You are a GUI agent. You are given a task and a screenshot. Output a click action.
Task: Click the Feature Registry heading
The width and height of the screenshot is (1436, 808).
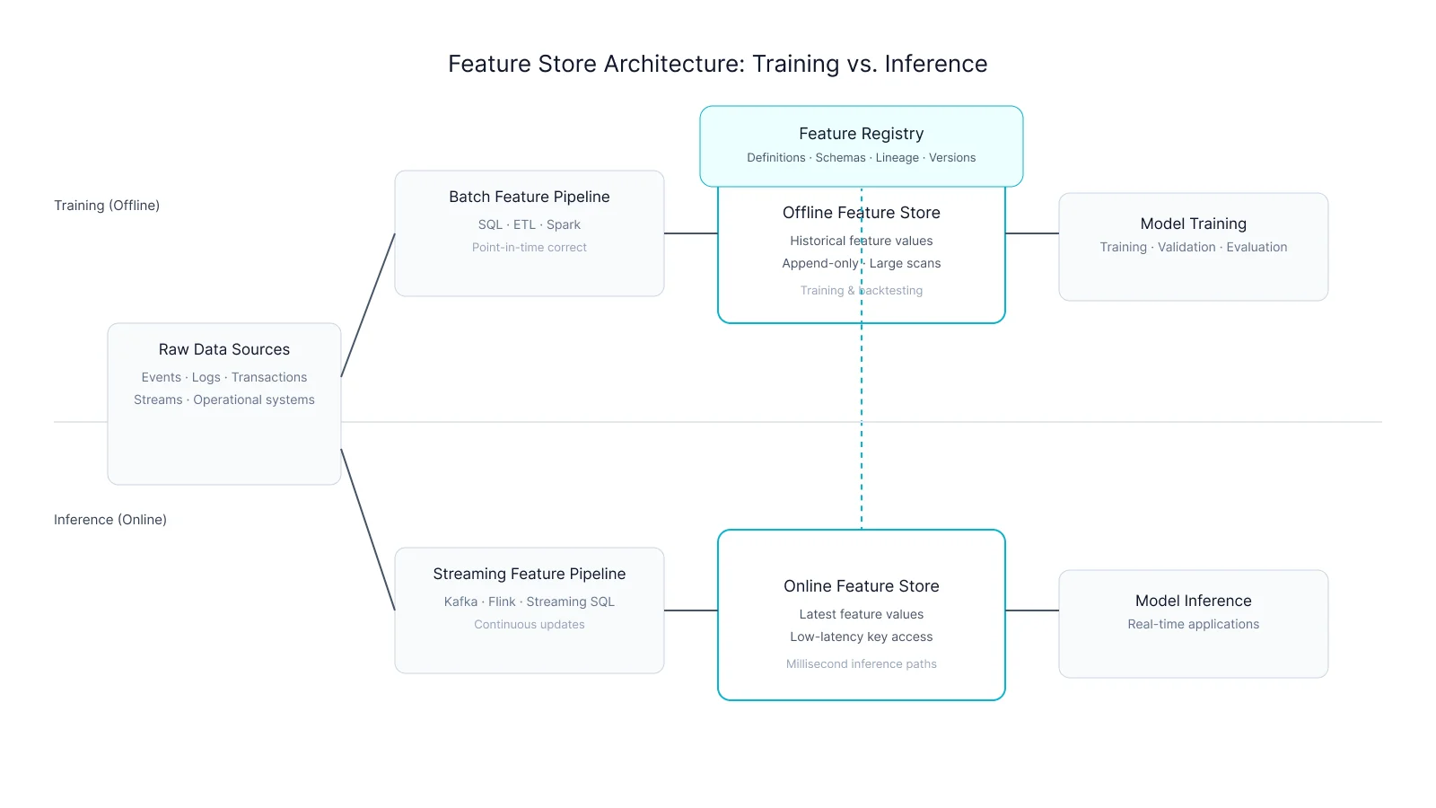coord(861,134)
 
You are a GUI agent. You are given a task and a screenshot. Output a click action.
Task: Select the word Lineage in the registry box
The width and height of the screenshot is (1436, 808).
coord(897,158)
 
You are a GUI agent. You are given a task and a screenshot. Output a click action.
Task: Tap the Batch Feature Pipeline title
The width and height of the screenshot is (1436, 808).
coord(529,197)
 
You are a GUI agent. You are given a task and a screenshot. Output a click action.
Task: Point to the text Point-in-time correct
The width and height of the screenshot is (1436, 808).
coord(529,248)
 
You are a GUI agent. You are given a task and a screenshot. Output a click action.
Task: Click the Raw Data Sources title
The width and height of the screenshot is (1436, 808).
coord(223,349)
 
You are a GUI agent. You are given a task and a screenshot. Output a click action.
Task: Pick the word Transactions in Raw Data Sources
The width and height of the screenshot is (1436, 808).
coord(269,378)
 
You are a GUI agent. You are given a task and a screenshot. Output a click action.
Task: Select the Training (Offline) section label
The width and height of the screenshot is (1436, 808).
coord(107,206)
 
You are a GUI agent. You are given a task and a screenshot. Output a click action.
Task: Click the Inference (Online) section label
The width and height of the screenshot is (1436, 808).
coord(109,520)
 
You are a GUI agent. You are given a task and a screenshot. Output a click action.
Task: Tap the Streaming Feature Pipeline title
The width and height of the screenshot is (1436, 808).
coord(529,574)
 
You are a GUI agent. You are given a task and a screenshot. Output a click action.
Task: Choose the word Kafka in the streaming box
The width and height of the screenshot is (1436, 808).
coord(460,602)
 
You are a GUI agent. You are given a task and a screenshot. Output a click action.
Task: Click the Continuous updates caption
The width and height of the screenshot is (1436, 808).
coord(529,625)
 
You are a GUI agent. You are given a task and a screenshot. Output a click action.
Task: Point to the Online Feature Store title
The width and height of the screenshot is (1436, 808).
coord(861,586)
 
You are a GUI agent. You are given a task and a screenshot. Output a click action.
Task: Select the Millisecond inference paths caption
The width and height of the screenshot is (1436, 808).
coord(861,664)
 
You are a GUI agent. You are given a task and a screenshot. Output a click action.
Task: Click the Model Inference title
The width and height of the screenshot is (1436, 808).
coord(1193,601)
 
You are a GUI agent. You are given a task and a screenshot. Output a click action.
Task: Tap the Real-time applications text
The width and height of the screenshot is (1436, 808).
coord(1193,625)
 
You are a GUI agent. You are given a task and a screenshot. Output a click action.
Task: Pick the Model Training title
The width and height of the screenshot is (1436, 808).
coord(1193,224)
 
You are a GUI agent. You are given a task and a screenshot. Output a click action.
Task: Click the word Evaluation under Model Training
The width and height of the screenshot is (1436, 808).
coord(1256,248)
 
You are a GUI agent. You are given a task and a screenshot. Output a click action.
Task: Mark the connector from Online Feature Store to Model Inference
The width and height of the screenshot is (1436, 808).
coord(1032,610)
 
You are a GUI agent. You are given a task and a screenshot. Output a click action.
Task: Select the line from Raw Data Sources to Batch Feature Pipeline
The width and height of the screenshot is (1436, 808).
coord(368,305)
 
